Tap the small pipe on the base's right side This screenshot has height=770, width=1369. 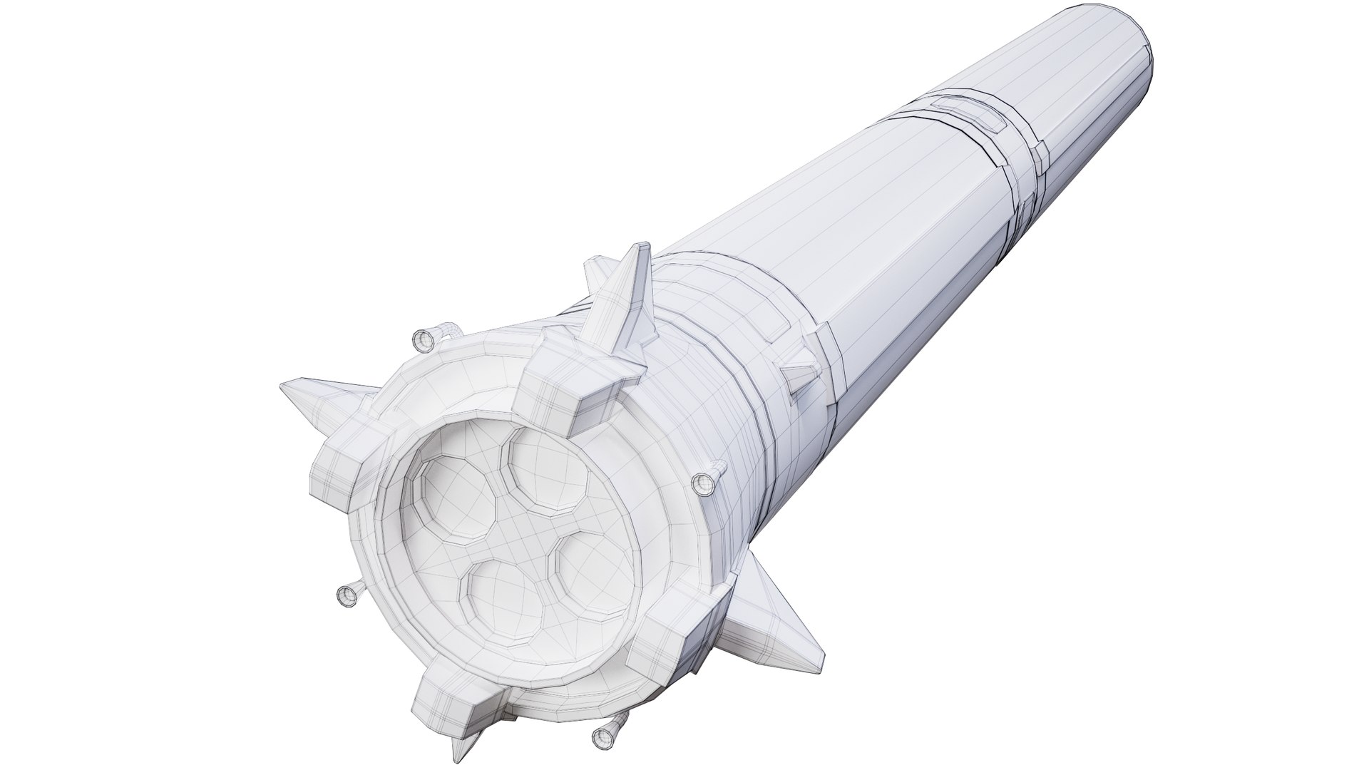click(704, 483)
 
